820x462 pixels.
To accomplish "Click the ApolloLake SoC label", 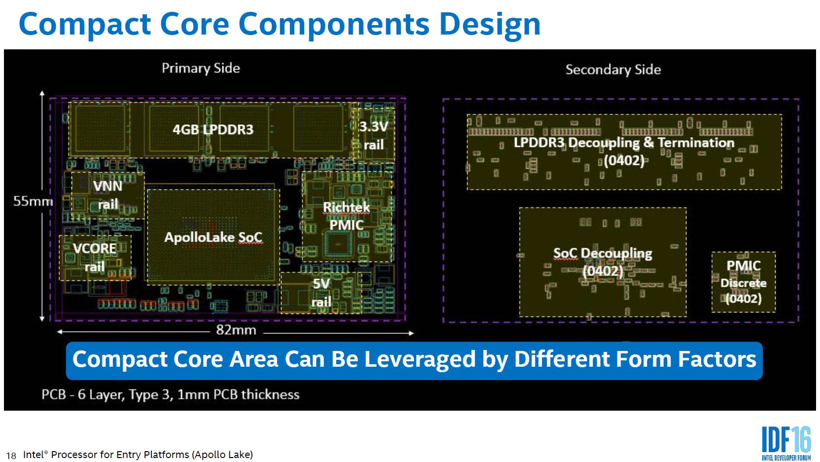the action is [214, 237].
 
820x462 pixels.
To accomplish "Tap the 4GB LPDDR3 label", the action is [213, 129].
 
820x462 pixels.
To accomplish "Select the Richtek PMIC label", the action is [346, 216].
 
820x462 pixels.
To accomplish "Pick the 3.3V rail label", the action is [373, 136].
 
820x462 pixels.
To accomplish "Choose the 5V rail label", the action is [321, 293].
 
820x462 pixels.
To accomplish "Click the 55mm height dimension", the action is [33, 201].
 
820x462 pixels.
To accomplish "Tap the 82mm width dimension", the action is [236, 330].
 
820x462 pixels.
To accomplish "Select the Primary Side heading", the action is [201, 68].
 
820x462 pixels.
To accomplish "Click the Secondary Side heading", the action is [613, 70].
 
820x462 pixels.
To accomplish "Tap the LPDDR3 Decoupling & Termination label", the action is [624, 152].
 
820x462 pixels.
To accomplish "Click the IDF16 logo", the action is [786, 443].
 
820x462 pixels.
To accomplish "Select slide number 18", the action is [11, 456].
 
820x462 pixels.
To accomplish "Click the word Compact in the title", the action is [84, 24].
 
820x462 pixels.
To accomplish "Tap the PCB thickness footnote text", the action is [170, 394].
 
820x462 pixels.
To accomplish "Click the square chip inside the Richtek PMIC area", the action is [338, 244].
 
